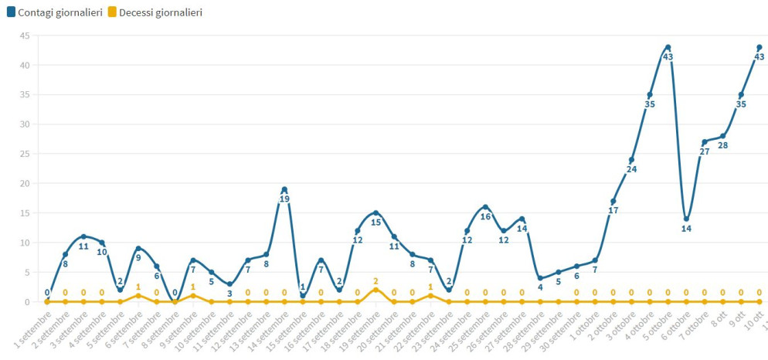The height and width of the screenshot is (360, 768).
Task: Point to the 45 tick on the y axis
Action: tap(25, 36)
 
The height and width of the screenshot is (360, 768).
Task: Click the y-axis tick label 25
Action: tap(25, 154)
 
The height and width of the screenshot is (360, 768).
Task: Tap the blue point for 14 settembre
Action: tap(284, 189)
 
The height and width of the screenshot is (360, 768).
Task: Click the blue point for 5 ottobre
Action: tap(668, 47)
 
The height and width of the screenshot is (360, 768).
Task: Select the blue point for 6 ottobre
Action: tap(686, 219)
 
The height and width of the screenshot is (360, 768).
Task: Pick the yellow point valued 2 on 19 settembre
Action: tap(376, 290)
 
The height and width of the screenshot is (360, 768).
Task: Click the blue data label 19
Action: tap(284, 199)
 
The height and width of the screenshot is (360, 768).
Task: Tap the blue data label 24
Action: tap(631, 169)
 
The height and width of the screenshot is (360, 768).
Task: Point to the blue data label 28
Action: tap(723, 146)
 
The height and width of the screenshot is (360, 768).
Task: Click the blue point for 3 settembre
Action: tap(83, 236)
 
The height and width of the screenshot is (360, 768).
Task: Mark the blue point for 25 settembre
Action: tap(485, 207)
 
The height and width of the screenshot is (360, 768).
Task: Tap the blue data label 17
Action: tap(613, 210)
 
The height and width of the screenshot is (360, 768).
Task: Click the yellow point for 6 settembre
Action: tap(138, 295)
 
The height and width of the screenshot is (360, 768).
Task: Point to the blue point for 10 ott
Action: tap(760, 47)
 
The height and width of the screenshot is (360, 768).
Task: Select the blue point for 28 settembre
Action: tap(540, 278)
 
